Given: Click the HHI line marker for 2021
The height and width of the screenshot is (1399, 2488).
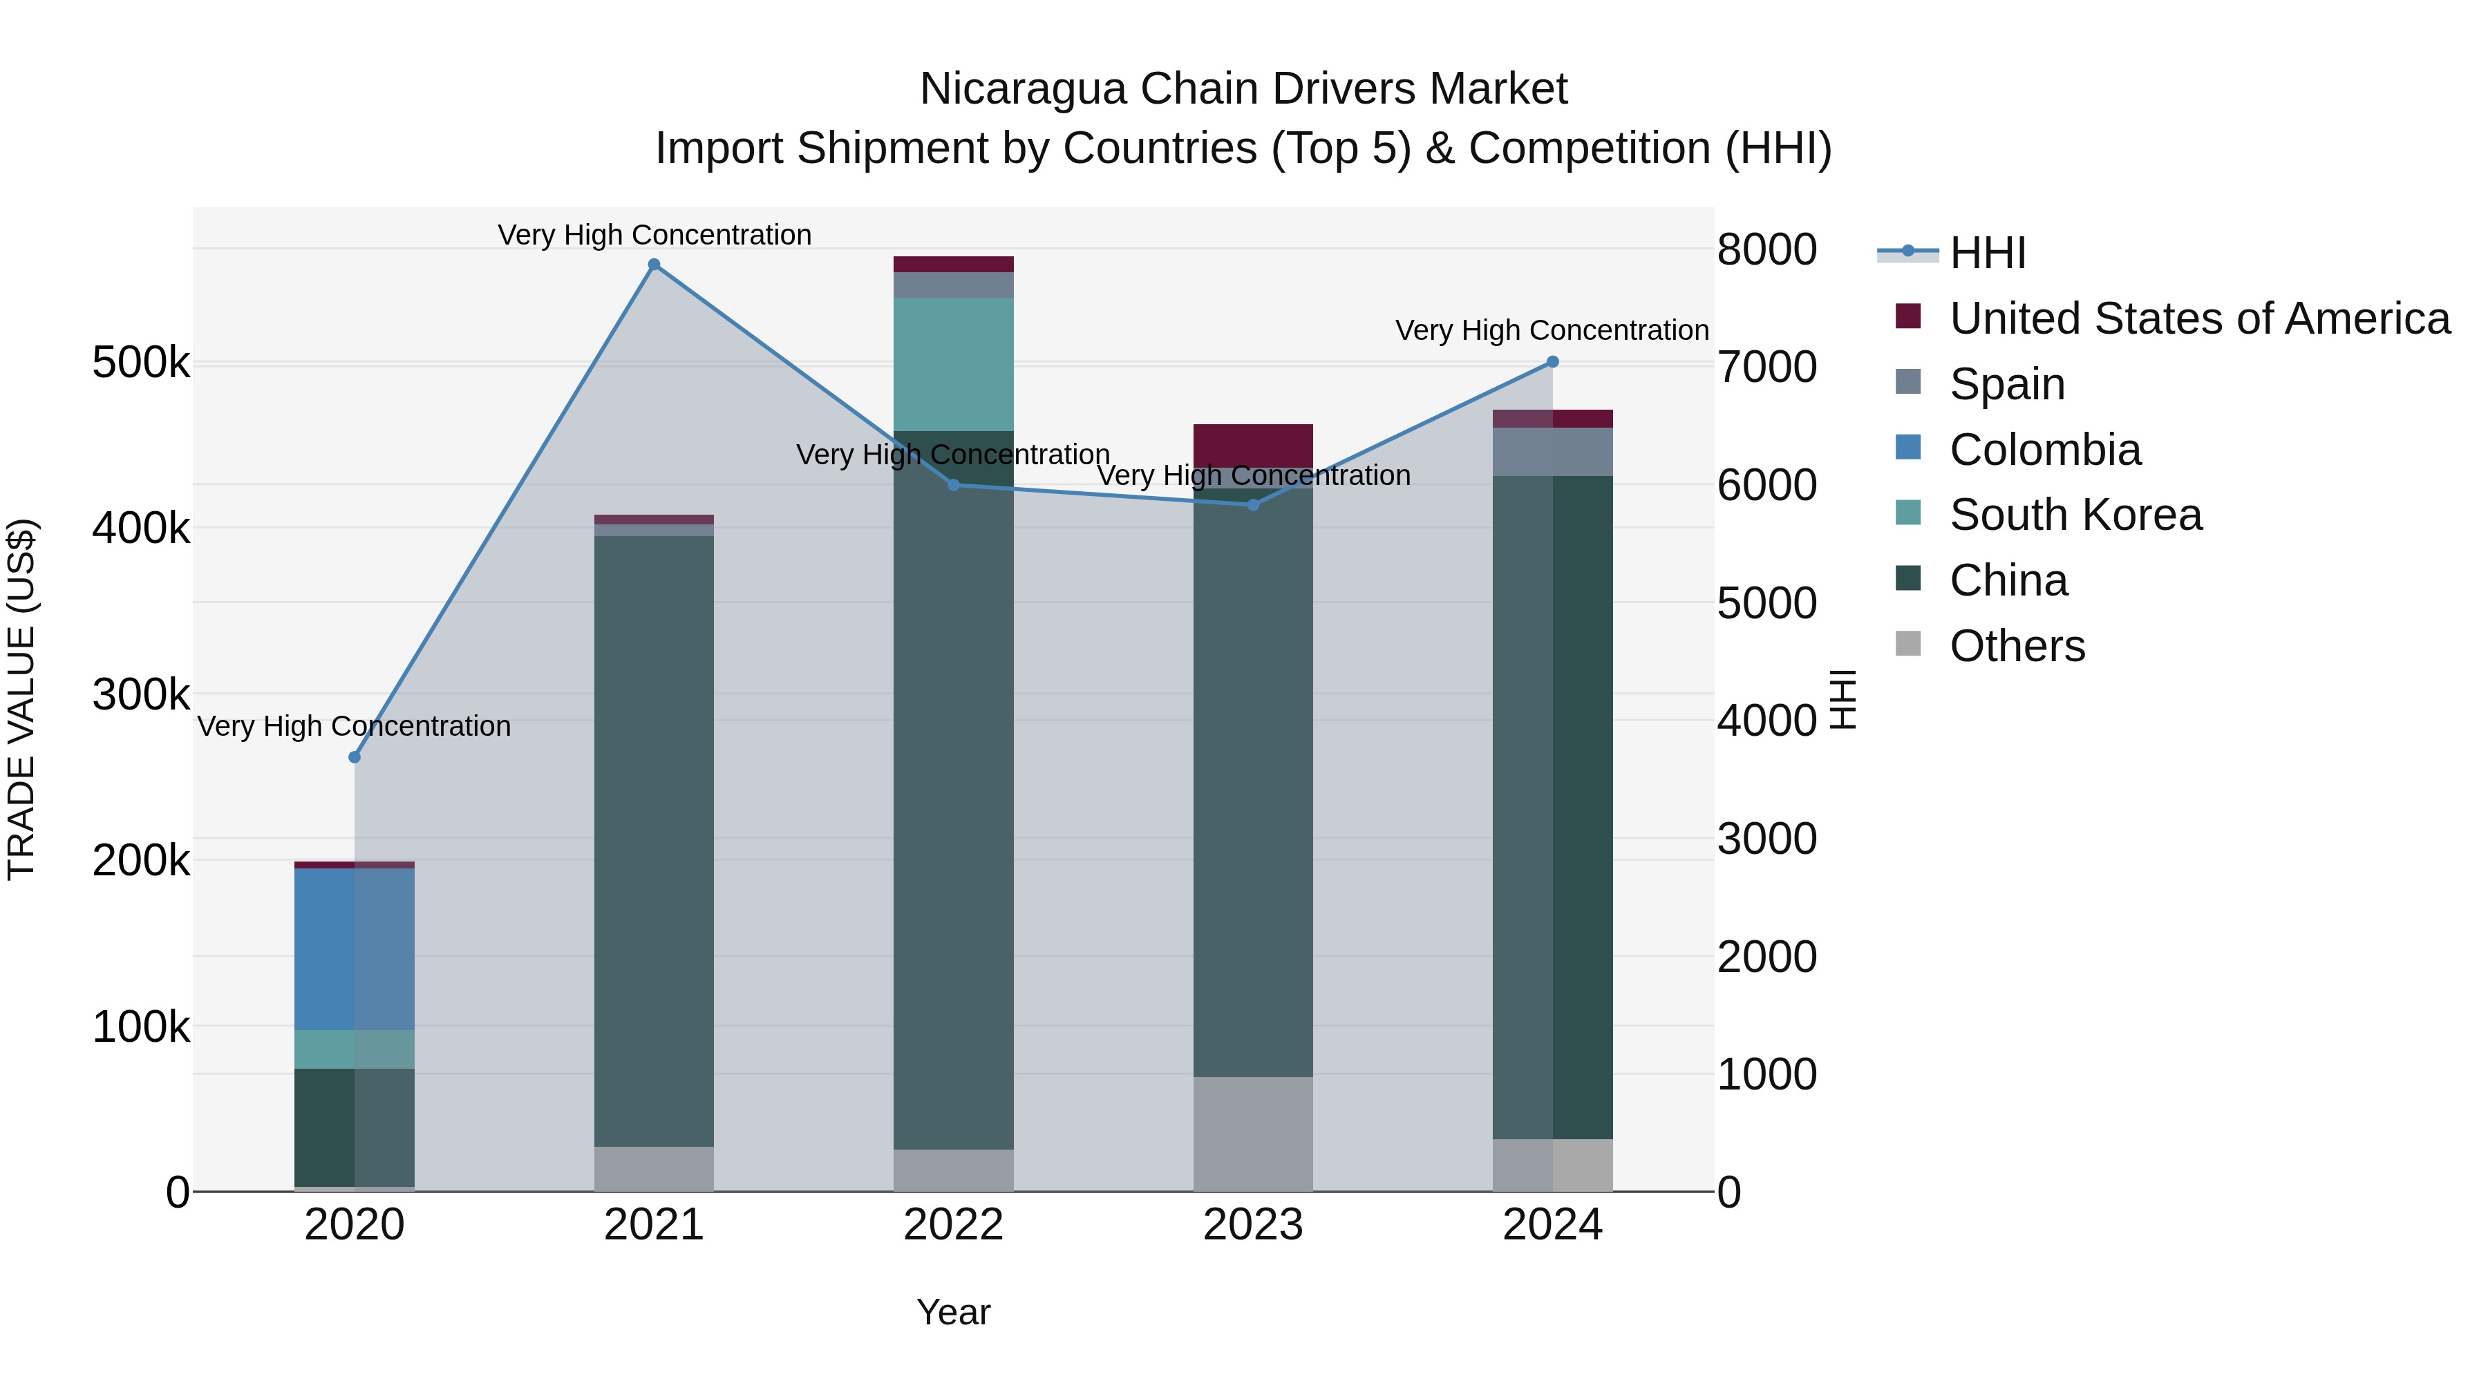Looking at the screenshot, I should point(654,265).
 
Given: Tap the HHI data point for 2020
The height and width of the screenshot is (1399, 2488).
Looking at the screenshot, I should point(355,757).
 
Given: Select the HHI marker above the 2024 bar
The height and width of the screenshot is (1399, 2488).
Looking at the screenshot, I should point(1552,362).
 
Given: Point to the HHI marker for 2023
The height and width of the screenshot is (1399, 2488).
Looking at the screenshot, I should point(1253,505).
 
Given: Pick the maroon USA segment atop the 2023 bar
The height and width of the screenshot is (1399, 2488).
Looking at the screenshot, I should point(1253,445).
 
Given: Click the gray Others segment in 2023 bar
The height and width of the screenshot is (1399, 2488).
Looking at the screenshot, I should point(1253,1134).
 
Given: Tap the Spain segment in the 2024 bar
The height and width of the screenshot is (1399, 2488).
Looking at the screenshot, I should point(1552,452).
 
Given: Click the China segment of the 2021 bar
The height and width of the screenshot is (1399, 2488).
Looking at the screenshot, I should point(654,840).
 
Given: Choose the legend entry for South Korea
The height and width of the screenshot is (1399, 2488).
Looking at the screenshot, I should point(2075,515).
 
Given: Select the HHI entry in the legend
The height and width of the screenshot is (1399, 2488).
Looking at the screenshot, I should point(1987,253).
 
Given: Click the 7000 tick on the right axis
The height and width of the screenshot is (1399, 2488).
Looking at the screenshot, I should point(1766,367).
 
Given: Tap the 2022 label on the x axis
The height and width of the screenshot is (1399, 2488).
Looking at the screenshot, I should point(953,1225).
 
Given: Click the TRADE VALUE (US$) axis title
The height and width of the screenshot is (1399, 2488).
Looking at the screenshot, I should point(21,699).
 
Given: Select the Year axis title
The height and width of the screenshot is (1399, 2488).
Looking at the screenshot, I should point(953,1312).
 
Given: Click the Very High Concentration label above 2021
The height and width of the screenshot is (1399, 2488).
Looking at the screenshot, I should point(654,235).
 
